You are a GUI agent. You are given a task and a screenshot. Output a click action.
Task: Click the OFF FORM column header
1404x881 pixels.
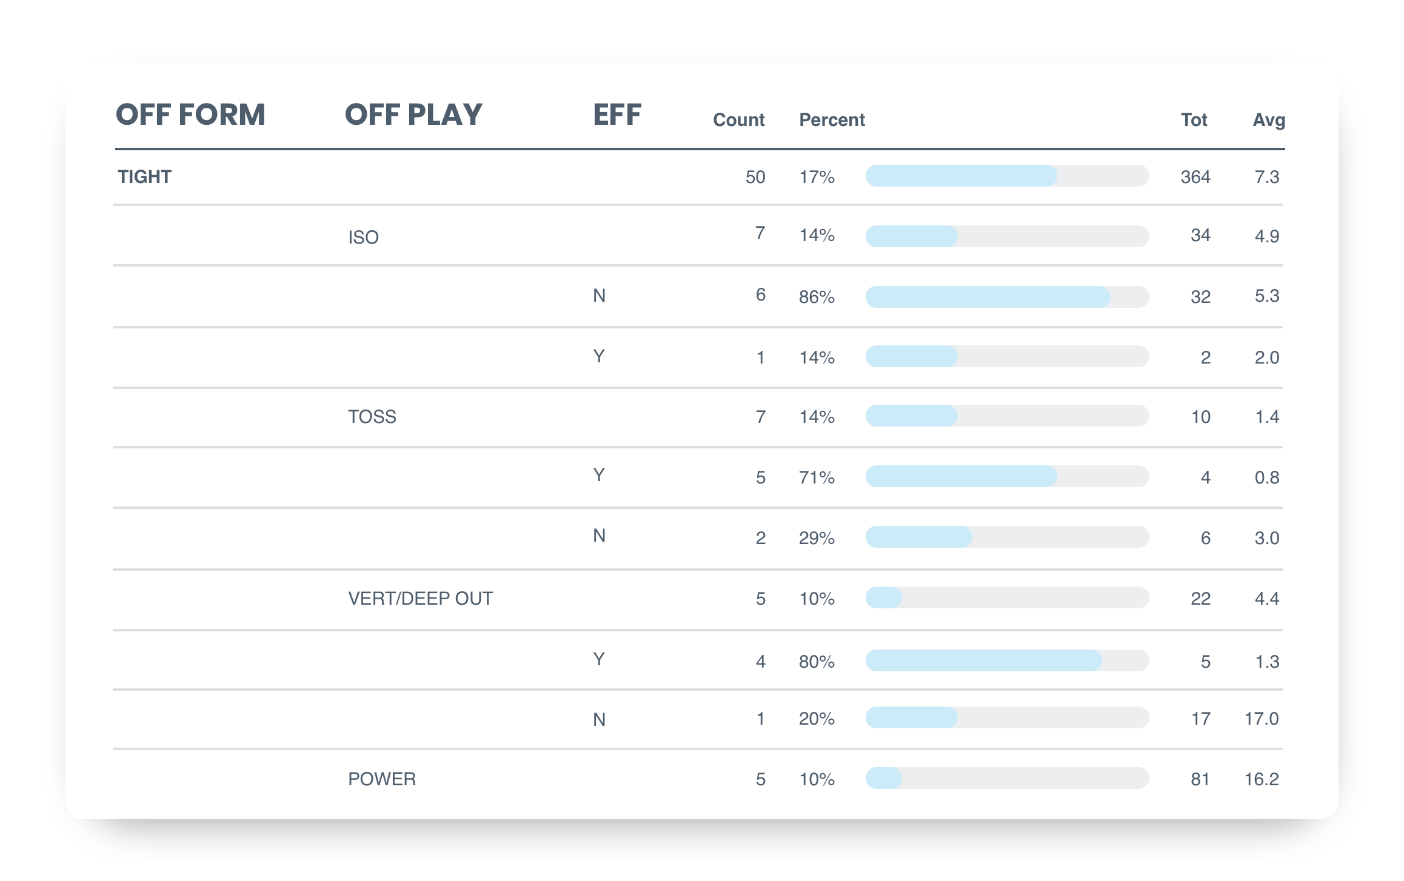pos(190,115)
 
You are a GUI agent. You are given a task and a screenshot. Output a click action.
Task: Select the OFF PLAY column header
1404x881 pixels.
pos(413,115)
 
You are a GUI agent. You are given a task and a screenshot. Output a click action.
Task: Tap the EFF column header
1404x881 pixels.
pos(617,115)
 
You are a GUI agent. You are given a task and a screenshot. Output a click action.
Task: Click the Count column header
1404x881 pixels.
pos(738,120)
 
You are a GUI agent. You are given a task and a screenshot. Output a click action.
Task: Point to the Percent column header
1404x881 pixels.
pos(832,120)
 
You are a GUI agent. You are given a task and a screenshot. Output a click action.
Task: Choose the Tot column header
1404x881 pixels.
pos(1194,120)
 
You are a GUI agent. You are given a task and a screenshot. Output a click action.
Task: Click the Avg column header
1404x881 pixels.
pos(1268,120)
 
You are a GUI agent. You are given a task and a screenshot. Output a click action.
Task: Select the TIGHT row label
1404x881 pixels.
pos(144,177)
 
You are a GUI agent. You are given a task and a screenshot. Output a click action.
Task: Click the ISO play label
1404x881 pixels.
pos(363,238)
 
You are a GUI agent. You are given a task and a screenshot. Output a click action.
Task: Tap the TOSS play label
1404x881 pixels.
pos(372,417)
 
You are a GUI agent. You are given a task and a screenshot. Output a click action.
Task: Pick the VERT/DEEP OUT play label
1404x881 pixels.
pos(420,599)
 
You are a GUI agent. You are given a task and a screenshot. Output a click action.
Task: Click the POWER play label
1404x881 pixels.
pos(382,779)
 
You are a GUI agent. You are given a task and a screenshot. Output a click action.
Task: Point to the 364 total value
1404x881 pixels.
pos(1195,177)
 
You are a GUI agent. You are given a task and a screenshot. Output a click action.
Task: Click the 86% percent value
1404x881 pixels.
pos(817,297)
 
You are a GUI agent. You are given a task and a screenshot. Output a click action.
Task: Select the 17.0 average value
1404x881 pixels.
pos(1261,719)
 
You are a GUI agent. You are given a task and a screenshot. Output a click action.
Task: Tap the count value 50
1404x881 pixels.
pos(755,177)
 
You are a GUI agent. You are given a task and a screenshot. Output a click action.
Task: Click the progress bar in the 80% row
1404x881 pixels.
pos(1007,660)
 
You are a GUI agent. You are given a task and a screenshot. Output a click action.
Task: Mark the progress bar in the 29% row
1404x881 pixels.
pos(1007,537)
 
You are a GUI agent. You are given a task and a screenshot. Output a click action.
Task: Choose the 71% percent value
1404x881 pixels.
pos(817,477)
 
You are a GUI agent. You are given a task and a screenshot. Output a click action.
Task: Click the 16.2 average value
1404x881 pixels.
pos(1261,779)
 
